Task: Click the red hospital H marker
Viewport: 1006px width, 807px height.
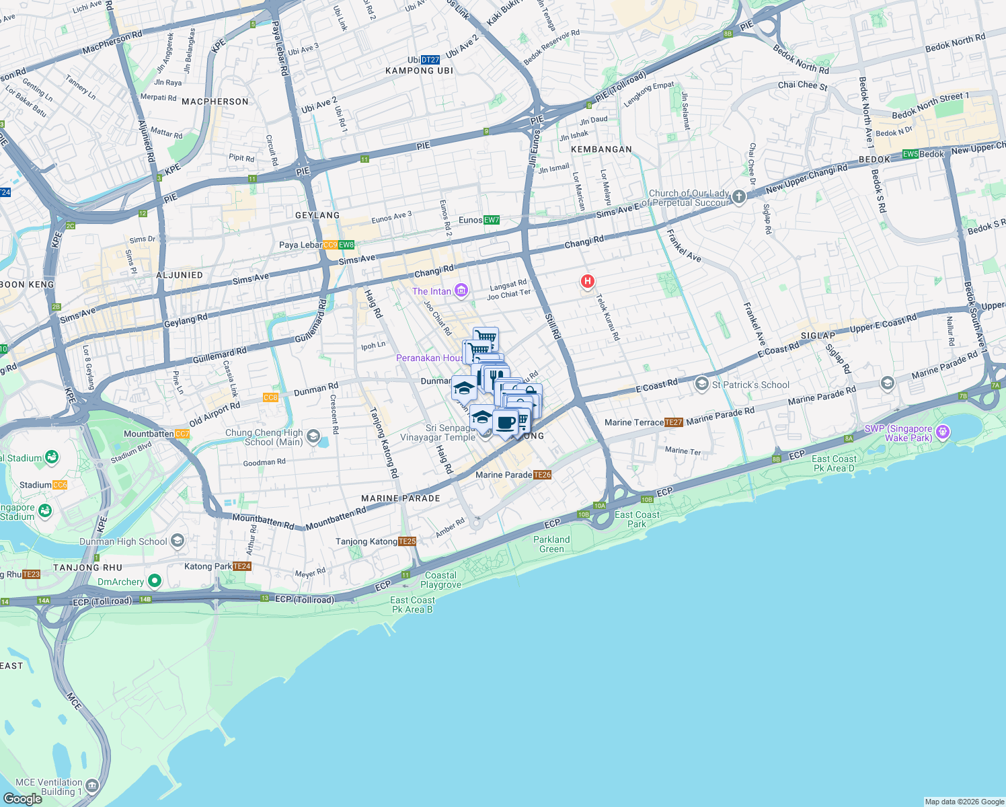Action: [x=587, y=281]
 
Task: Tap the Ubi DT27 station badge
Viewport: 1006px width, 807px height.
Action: [x=430, y=60]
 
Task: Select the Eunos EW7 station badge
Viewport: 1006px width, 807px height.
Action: [x=491, y=220]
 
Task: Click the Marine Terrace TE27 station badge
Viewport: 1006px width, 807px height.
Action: [x=673, y=422]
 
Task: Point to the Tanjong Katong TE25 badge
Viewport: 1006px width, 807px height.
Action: [x=407, y=541]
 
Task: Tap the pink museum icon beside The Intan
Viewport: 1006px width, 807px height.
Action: [x=461, y=291]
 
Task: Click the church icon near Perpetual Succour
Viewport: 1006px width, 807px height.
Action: [x=739, y=196]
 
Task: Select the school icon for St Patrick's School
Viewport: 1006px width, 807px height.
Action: [x=701, y=384]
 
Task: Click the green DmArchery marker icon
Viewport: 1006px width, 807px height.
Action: [x=155, y=580]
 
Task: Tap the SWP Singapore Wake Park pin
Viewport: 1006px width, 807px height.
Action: [x=943, y=432]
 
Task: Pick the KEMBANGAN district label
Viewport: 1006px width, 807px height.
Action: [x=601, y=149]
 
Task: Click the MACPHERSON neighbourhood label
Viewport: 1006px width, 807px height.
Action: [x=215, y=102]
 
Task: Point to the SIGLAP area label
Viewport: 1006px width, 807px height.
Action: [x=818, y=336]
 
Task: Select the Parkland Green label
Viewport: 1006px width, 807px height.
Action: [x=551, y=544]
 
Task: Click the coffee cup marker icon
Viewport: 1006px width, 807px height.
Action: [x=506, y=423]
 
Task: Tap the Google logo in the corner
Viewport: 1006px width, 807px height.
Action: [x=23, y=798]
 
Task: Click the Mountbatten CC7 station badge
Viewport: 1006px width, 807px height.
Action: [x=182, y=434]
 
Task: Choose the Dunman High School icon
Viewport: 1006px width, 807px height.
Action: [x=178, y=541]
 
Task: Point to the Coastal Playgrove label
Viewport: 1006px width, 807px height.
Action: [x=440, y=580]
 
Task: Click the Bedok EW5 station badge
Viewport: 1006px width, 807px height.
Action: [x=910, y=154]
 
